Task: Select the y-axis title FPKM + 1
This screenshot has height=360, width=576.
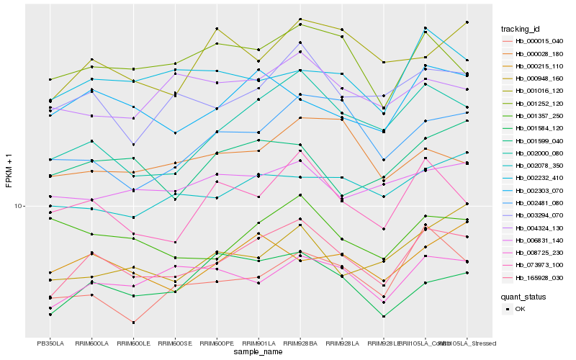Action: click(x=9, y=170)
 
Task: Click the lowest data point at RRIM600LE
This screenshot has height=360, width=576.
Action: click(x=133, y=323)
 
